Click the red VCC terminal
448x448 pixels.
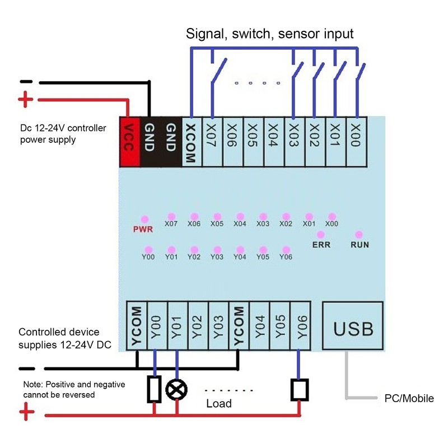pos(130,142)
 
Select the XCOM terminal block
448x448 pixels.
pos(190,142)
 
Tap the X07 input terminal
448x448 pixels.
pos(212,142)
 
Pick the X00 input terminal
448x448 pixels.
pos(356,142)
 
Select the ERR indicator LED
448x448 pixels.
pos(321,235)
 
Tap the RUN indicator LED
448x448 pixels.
pos(359,235)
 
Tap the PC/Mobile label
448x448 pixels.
pos(409,399)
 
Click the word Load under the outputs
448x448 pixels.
pos(219,403)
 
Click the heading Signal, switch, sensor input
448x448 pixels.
pos(270,34)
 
